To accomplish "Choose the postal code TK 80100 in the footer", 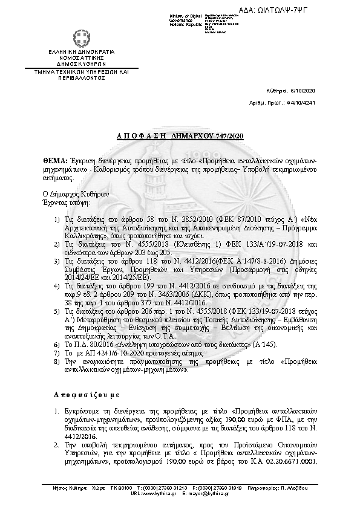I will (x=120, y=487).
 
